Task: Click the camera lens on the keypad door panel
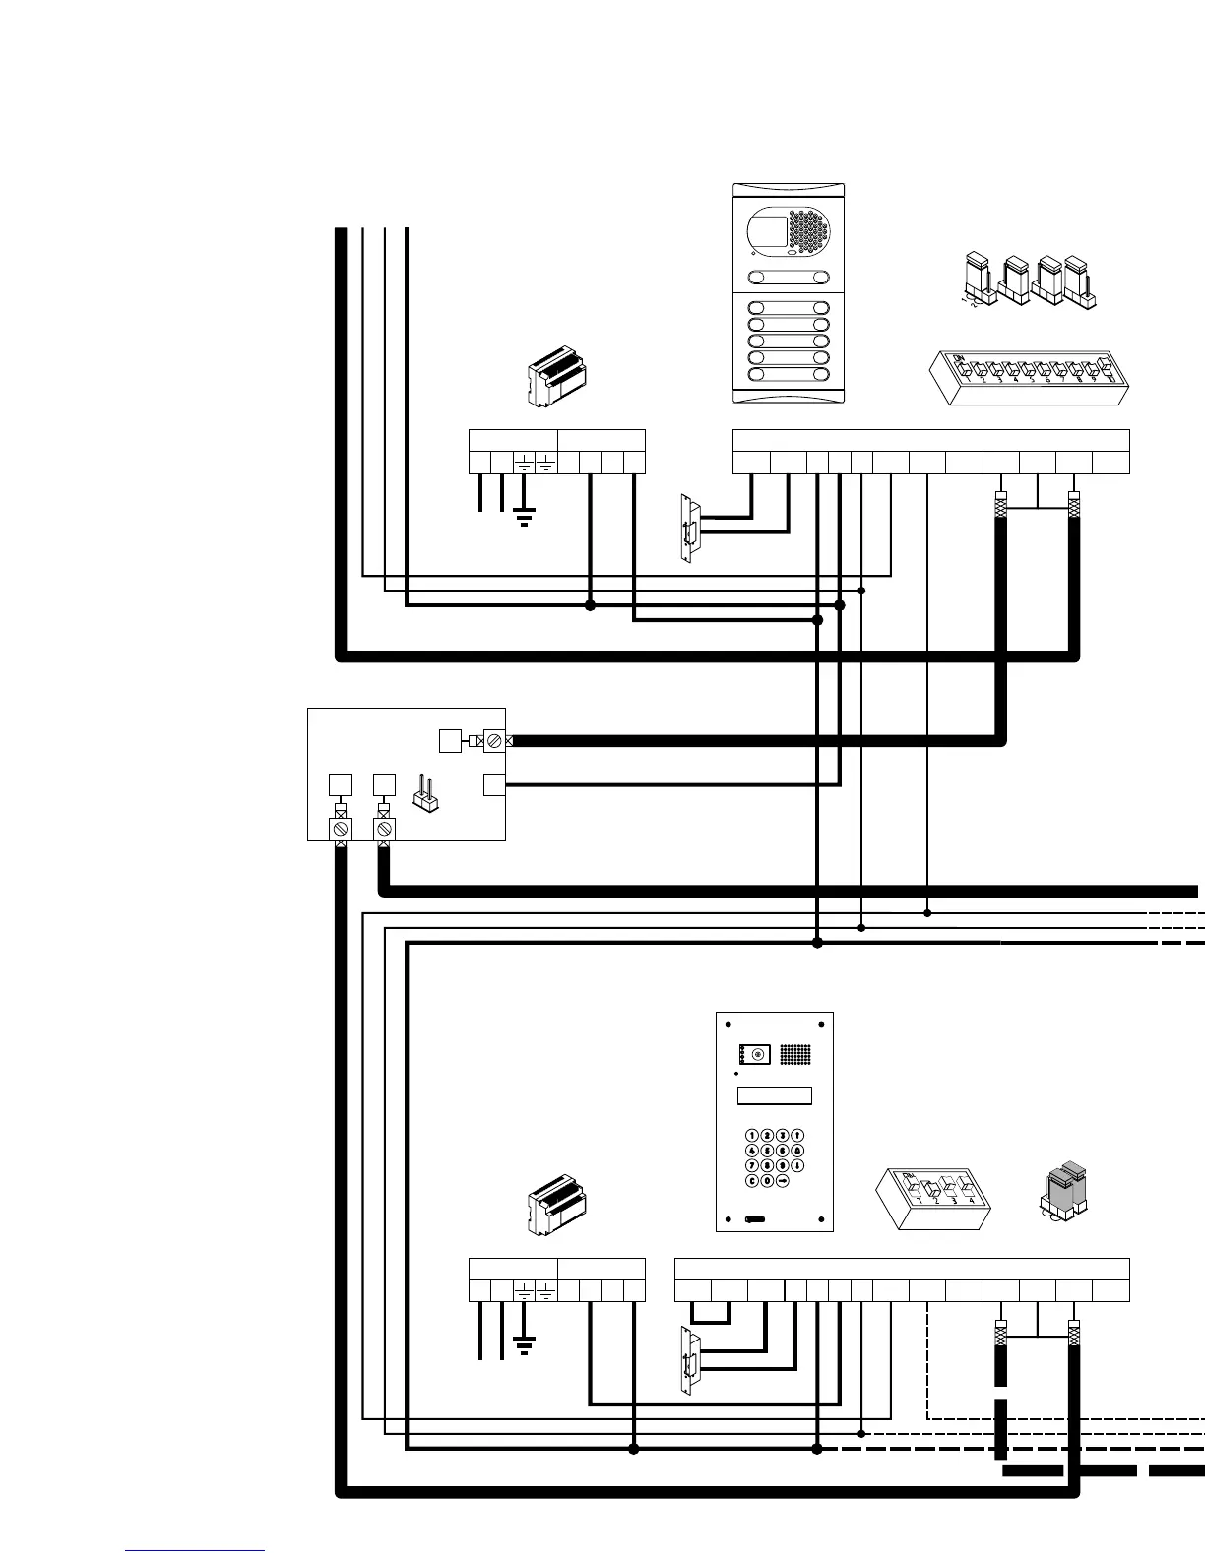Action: [x=757, y=1055]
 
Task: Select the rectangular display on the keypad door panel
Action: [x=775, y=1096]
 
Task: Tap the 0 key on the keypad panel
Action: [x=768, y=1180]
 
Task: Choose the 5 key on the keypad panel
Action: [x=768, y=1150]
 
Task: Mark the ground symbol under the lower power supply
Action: [x=524, y=1346]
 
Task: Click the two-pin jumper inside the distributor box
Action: [x=426, y=793]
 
